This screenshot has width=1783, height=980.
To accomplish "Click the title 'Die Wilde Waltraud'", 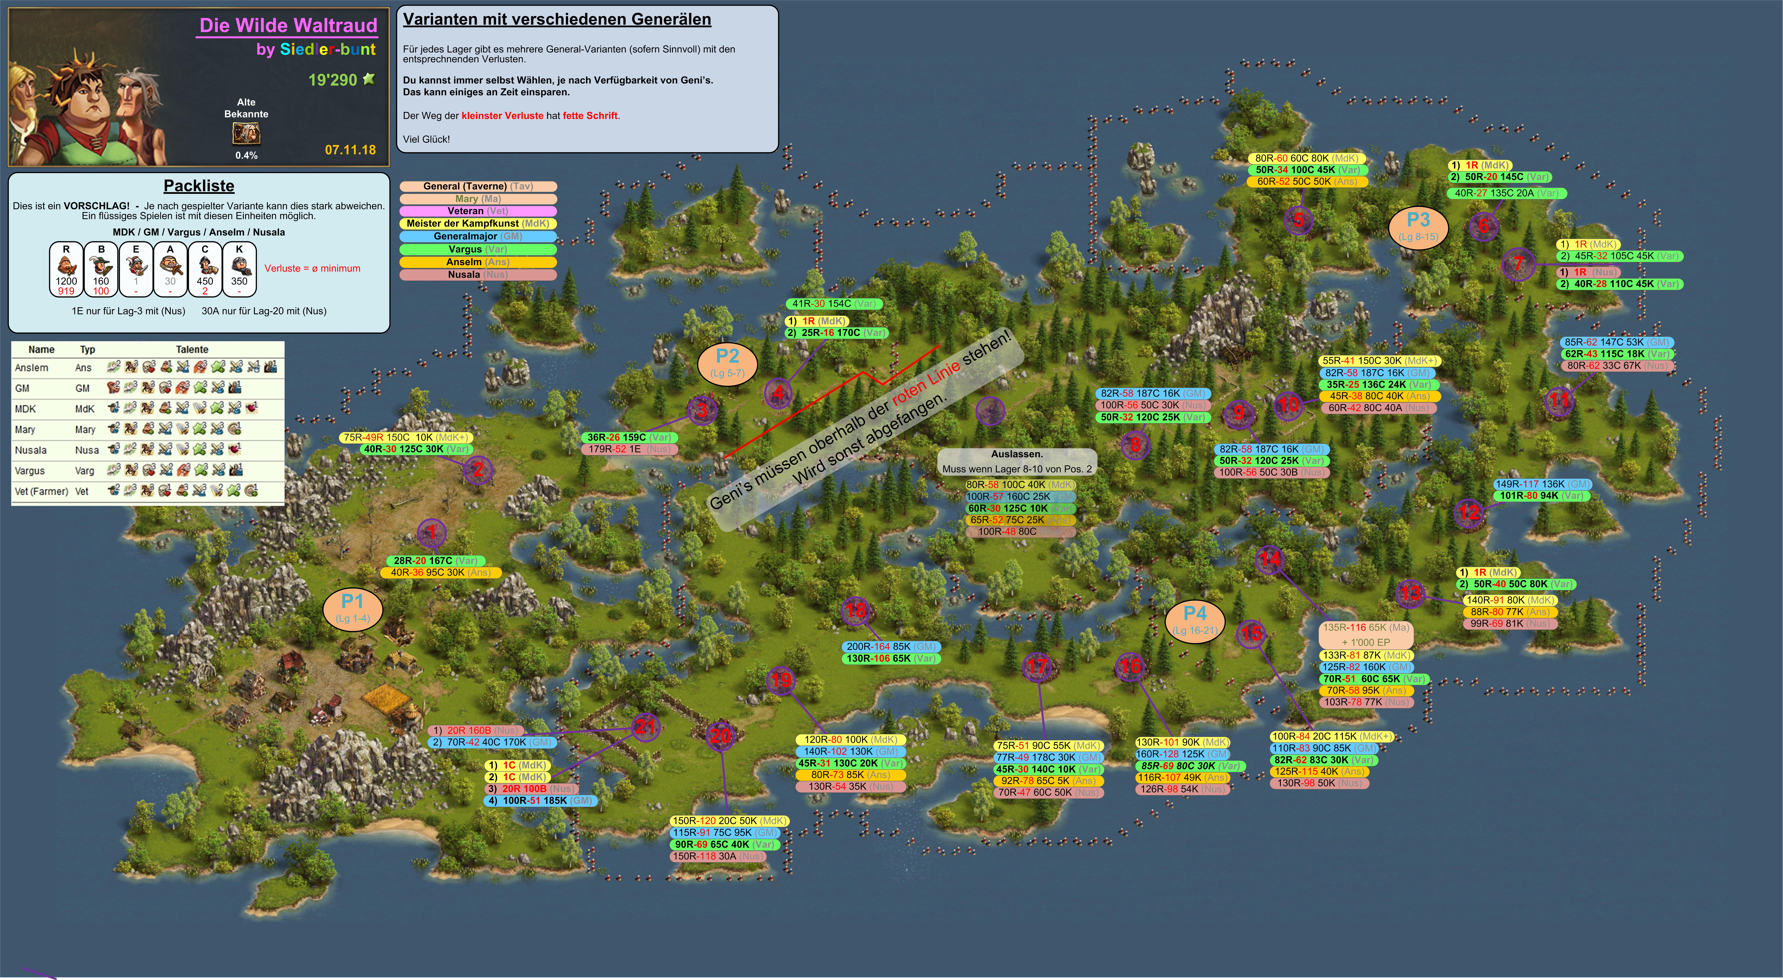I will pyautogui.click(x=288, y=26).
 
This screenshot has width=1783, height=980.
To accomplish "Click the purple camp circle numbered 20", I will pyautogui.click(x=721, y=736).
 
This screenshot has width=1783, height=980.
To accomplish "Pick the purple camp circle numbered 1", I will pyautogui.click(x=432, y=532).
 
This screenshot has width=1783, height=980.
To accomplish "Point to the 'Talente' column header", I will pyautogui.click(x=192, y=350).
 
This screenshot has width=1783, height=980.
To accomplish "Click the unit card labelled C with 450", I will pyautogui.click(x=205, y=269).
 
